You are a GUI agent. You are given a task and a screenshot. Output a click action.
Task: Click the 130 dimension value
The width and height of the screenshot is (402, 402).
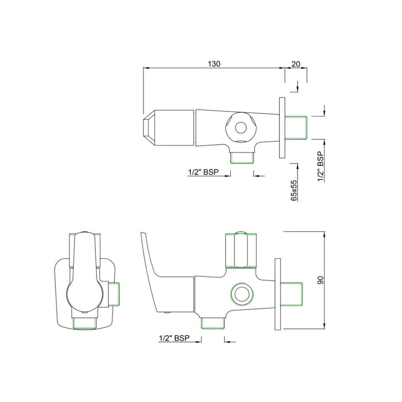pyautogui.click(x=214, y=64)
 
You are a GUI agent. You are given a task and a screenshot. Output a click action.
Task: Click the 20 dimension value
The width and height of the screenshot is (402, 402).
pyautogui.click(x=296, y=64)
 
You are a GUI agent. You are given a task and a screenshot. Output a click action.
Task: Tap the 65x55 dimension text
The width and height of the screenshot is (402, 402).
pyautogui.click(x=294, y=191)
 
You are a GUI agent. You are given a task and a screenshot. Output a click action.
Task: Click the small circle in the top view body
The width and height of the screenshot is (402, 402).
pyautogui.click(x=240, y=128)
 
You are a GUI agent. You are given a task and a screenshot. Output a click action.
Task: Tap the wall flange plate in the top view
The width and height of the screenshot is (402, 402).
pyautogui.click(x=282, y=127)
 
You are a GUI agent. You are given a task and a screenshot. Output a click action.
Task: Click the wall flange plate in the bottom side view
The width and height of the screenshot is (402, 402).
pyautogui.click(x=278, y=294)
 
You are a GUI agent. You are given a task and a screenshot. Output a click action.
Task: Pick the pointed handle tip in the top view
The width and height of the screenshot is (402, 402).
pyautogui.click(x=149, y=128)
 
